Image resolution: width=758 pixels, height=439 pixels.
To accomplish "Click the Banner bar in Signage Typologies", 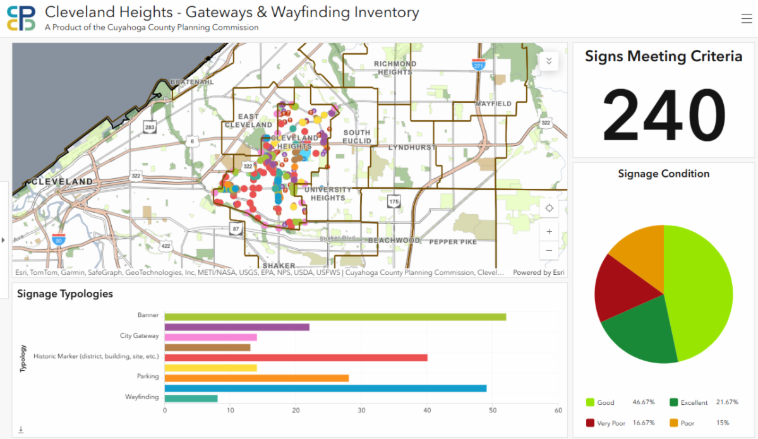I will pyautogui.click(x=335, y=316).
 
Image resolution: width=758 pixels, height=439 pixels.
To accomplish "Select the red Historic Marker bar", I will pyautogui.click(x=296, y=358).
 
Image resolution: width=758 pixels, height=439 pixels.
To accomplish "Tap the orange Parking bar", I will pyautogui.click(x=256, y=378).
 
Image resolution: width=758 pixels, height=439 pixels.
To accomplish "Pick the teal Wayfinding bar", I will pyautogui.click(x=191, y=398).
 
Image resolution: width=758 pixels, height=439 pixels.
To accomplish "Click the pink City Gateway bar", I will pyautogui.click(x=210, y=337).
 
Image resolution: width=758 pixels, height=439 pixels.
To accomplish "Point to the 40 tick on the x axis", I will pyautogui.click(x=427, y=411).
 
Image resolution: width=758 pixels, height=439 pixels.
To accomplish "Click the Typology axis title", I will pyautogui.click(x=23, y=358).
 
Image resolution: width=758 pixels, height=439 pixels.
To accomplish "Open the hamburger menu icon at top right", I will pyautogui.click(x=746, y=19).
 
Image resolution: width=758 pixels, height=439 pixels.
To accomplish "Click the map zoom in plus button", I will pyautogui.click(x=549, y=232).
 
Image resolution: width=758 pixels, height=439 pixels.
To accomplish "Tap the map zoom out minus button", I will pyautogui.click(x=549, y=251).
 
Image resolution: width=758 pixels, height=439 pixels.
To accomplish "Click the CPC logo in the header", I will pyautogui.click(x=21, y=18).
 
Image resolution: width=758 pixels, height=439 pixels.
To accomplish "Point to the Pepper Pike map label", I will pyautogui.click(x=453, y=242).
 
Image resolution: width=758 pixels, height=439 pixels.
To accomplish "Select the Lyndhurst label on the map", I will pyautogui.click(x=412, y=147).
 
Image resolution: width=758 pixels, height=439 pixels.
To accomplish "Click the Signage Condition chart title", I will pyautogui.click(x=663, y=174).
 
